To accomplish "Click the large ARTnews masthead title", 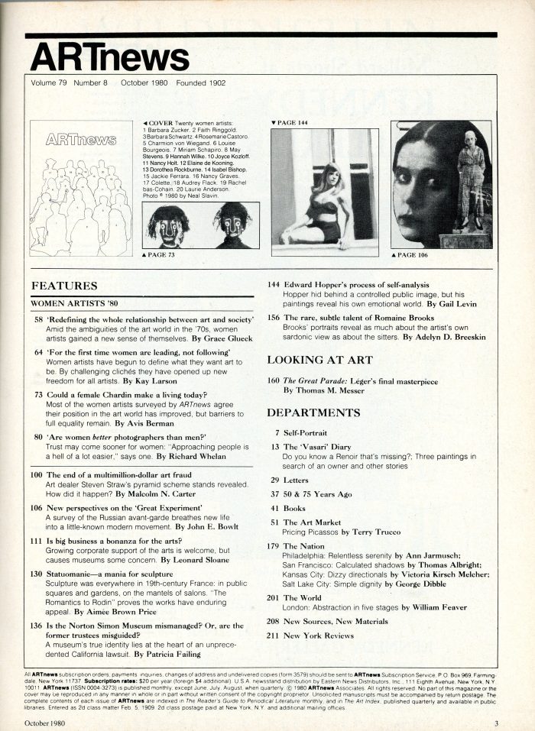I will point(110,57).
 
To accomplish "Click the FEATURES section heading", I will point(64,286).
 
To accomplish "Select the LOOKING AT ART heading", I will point(319,360).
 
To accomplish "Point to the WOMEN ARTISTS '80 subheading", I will point(73,303).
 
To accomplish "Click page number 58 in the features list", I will point(38,319).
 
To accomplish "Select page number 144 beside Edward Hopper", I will point(273,284).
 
